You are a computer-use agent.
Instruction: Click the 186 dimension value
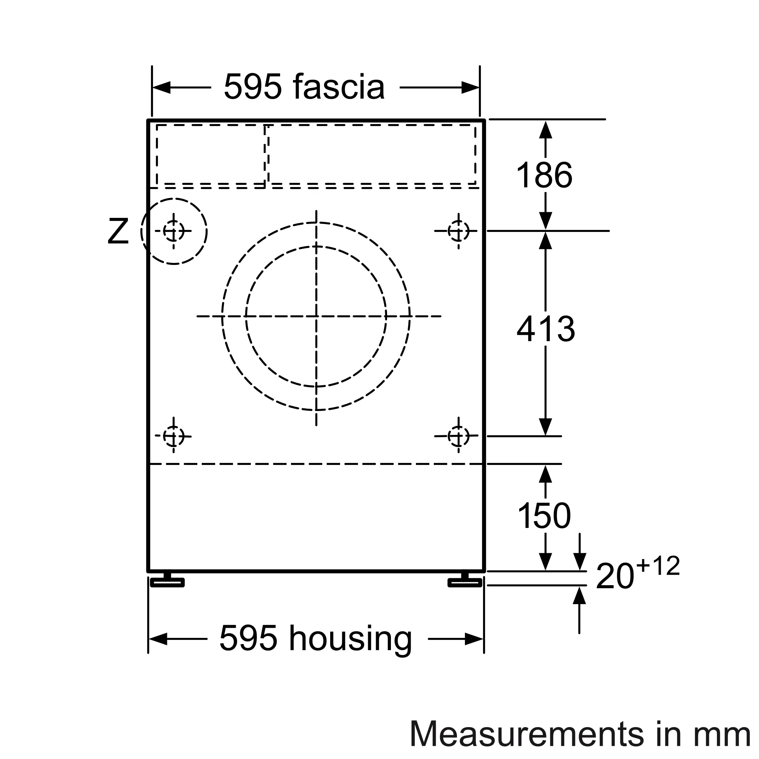tap(544, 175)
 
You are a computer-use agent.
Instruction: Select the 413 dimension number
tap(546, 329)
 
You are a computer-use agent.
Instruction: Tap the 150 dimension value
tap(544, 516)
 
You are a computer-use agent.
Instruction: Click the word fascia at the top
tap(339, 87)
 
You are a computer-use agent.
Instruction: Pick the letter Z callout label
tap(118, 232)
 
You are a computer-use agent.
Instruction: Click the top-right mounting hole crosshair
tap(458, 231)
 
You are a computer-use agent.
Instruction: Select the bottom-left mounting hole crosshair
tap(174, 436)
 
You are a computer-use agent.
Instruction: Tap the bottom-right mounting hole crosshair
tap(458, 436)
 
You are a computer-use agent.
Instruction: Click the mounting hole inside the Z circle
tap(174, 231)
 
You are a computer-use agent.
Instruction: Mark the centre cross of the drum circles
tap(316, 316)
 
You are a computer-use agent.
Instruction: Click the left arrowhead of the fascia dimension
tap(161, 88)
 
